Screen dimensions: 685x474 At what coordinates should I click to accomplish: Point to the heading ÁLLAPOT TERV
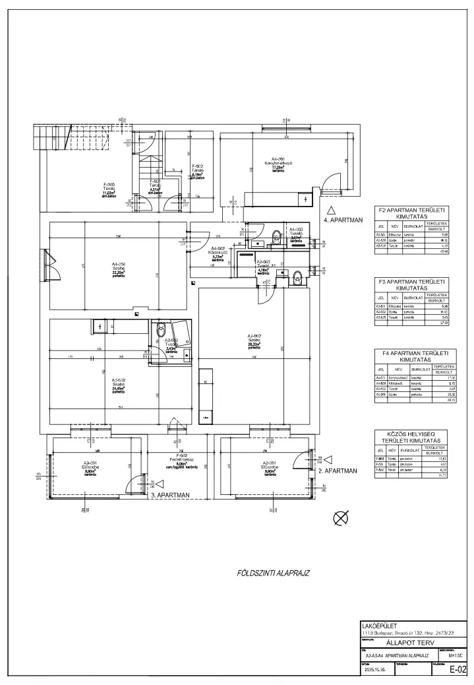click(414, 640)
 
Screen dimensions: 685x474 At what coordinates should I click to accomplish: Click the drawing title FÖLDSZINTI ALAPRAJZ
click(273, 573)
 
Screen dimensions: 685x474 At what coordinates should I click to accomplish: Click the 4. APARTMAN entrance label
click(343, 220)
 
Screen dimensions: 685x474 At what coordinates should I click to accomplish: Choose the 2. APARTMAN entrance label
click(337, 471)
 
